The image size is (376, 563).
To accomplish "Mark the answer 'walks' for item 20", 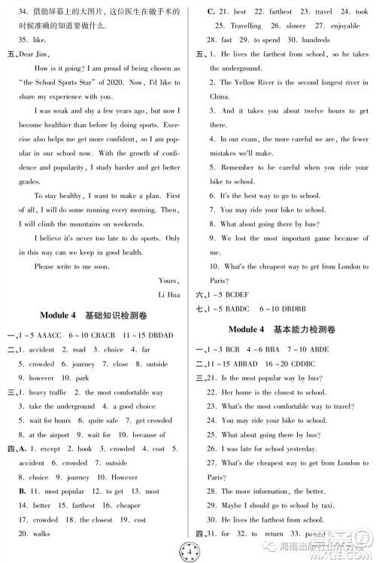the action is tap(41, 533).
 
